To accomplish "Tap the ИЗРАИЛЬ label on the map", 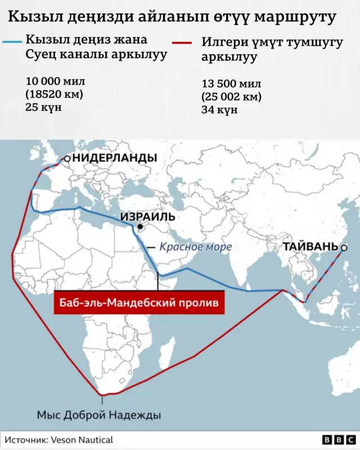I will [147, 217].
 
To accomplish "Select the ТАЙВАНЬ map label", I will [310, 246].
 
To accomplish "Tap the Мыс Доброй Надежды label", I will [99, 415].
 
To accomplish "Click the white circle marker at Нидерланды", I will [67, 159].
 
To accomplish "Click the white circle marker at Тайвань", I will [344, 247].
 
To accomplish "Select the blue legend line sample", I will [12, 41].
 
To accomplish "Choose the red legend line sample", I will [187, 42].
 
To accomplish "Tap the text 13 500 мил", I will [231, 84].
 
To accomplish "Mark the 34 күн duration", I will [219, 110].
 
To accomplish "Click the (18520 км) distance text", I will [54, 94].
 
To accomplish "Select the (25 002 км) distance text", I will [232, 97].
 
